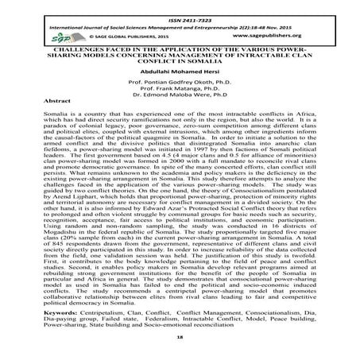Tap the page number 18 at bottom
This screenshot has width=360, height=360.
180,347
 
